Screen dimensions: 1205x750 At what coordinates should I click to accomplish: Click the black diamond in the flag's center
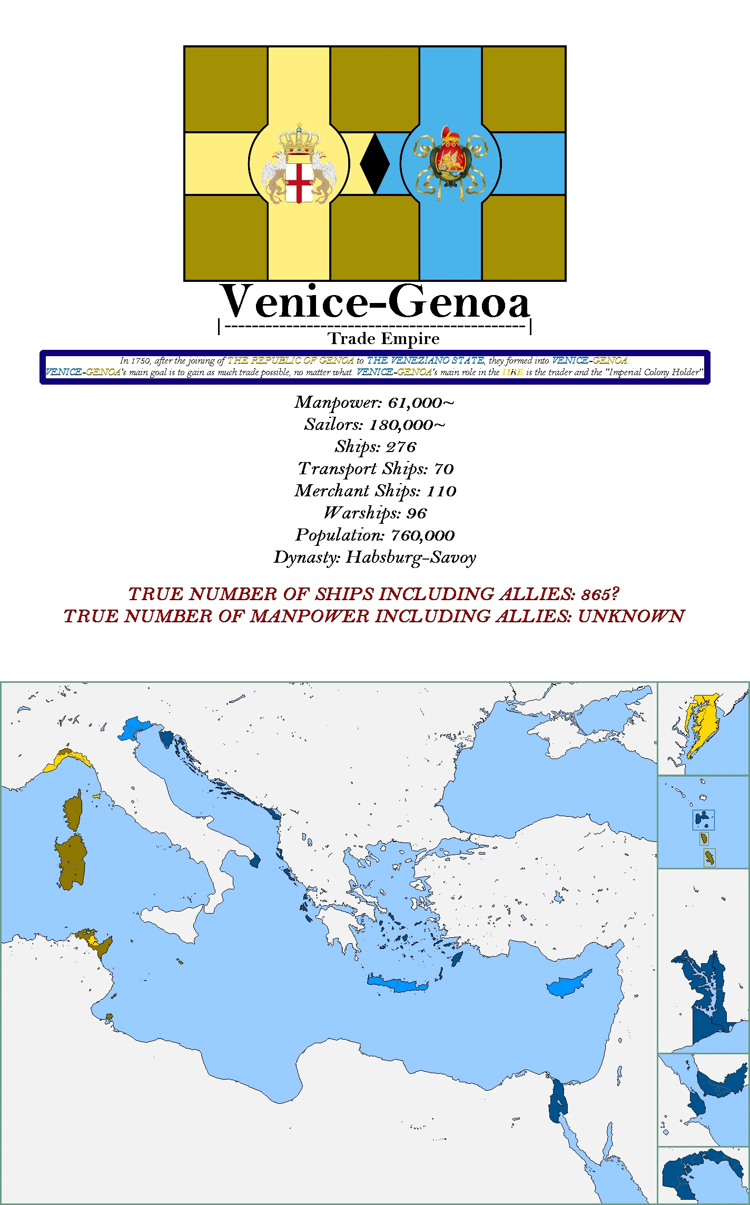(x=374, y=163)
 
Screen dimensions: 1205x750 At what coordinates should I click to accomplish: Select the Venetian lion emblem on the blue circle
(x=450, y=163)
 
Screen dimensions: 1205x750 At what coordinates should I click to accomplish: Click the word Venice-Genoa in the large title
(x=375, y=302)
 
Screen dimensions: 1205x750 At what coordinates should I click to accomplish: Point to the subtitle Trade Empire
(x=383, y=339)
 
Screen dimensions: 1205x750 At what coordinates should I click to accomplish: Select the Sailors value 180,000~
(x=407, y=425)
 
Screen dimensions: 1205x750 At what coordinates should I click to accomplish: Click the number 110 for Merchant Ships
(x=441, y=492)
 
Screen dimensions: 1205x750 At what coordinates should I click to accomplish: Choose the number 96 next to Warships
(x=417, y=514)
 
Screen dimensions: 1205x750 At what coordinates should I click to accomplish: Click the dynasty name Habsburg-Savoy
(x=411, y=558)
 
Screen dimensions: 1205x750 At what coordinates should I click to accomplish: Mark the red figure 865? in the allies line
(x=600, y=595)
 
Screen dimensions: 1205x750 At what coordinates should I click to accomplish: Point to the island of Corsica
(x=73, y=810)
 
